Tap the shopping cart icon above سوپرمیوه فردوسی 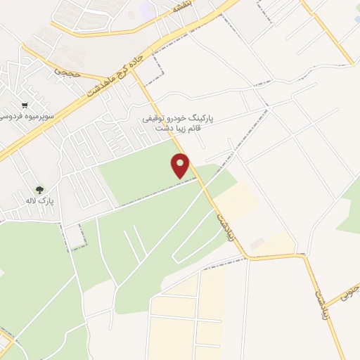(26, 105)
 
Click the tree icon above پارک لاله (39, 190)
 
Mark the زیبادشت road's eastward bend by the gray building (247, 257)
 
